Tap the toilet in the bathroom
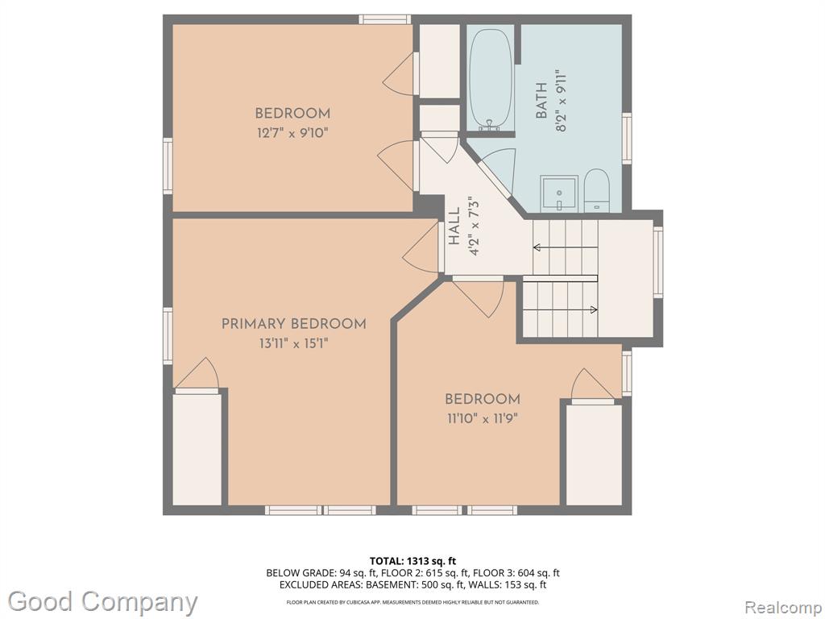click(597, 190)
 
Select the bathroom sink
click(559, 193)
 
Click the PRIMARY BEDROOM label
click(293, 324)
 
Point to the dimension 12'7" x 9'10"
click(292, 133)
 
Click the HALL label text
click(454, 226)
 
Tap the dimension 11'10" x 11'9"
click(482, 419)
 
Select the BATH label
click(541, 100)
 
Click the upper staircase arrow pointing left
click(565, 247)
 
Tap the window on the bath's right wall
click(627, 139)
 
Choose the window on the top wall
click(384, 19)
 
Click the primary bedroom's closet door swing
click(197, 375)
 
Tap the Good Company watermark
click(102, 602)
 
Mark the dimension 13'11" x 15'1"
click(293, 343)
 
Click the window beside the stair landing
click(657, 262)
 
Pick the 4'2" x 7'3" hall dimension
click(474, 226)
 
